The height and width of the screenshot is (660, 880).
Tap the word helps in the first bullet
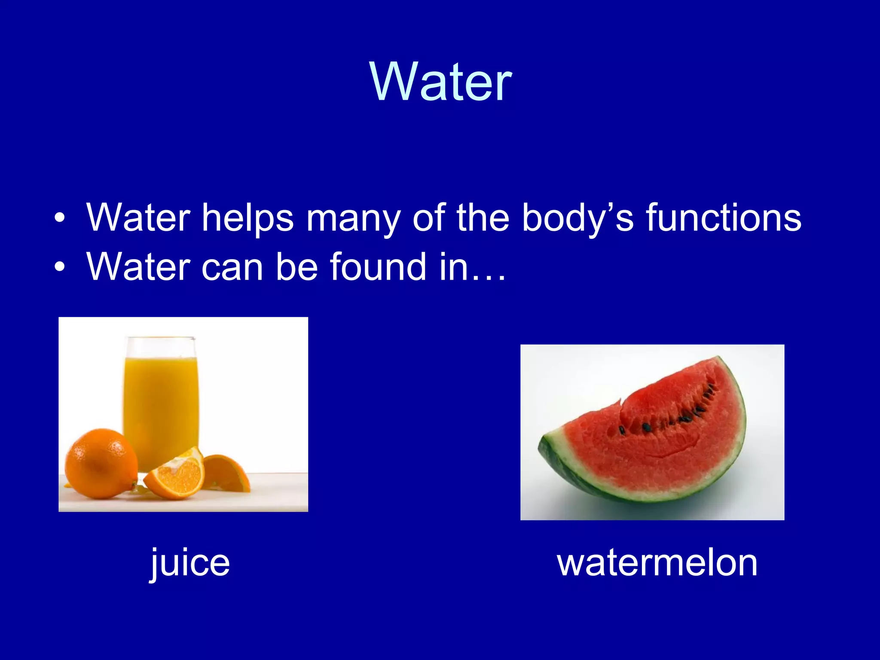(x=248, y=218)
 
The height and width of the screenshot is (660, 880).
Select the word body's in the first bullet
(x=577, y=218)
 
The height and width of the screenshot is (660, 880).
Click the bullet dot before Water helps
(x=60, y=218)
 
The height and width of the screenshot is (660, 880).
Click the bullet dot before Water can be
(x=60, y=267)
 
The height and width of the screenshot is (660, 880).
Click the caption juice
(x=189, y=563)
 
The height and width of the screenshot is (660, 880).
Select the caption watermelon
(x=657, y=563)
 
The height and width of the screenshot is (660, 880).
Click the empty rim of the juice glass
(x=161, y=346)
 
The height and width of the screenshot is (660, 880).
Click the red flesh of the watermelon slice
(x=662, y=447)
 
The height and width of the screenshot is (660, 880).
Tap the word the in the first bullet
(x=483, y=217)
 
